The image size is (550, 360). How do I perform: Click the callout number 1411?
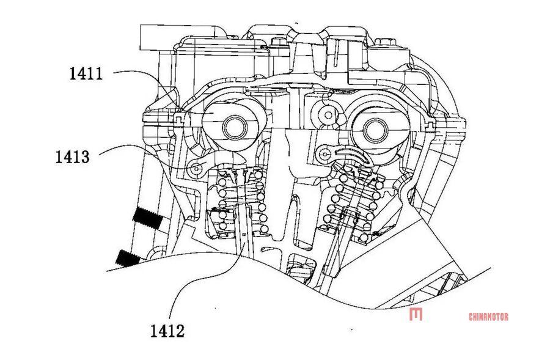click(x=86, y=74)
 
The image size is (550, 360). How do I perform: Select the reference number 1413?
click(x=72, y=157)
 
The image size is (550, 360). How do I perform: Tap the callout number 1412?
click(x=167, y=331)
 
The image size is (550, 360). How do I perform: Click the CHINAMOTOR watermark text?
click(x=488, y=317)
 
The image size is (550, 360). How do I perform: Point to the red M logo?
click(x=416, y=314)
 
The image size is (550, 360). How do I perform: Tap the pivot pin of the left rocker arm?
click(x=196, y=169)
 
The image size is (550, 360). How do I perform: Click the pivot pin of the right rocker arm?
click(x=325, y=153)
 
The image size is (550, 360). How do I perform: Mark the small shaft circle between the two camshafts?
click(x=328, y=115)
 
